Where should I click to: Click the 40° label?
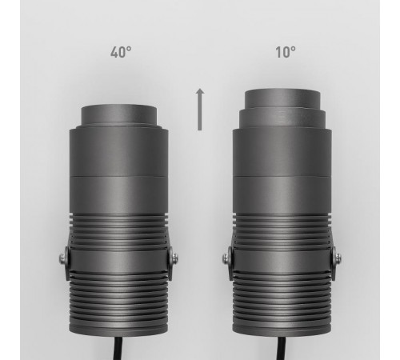click(x=121, y=53)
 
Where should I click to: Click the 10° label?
click(x=284, y=53)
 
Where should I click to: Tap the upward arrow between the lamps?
click(x=200, y=110)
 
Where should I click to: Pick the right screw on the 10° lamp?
click(x=338, y=257)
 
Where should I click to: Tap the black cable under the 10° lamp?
click(x=284, y=349)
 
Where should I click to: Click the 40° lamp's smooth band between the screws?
click(x=119, y=258)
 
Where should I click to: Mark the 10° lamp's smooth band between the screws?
click(x=284, y=258)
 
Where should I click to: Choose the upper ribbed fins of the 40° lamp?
click(x=119, y=227)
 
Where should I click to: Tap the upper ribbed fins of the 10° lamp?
click(x=284, y=227)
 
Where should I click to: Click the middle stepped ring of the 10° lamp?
click(x=284, y=120)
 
